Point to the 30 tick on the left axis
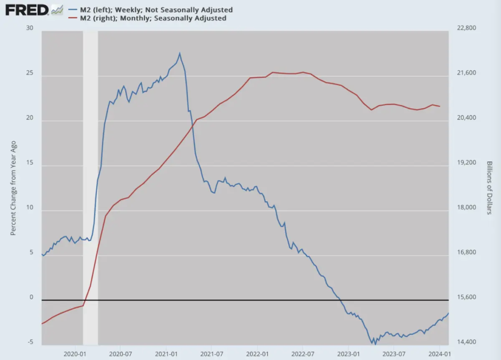coord(30,28)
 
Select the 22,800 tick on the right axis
coord(466,28)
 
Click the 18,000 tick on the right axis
coord(466,207)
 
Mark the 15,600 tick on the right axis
coord(466,297)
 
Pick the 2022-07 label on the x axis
coord(303,353)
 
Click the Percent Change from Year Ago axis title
coord(14,188)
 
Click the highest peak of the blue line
coord(180,53)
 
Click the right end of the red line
coord(440,106)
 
